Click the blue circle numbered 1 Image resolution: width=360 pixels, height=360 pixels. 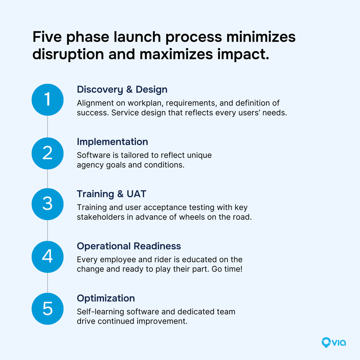pyautogui.click(x=47, y=100)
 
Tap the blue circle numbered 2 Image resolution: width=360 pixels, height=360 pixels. pyautogui.click(x=47, y=153)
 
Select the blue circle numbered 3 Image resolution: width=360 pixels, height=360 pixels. pyautogui.click(x=47, y=204)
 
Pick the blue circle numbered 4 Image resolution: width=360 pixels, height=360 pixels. pyautogui.click(x=47, y=257)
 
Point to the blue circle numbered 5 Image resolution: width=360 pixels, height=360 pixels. pyautogui.click(x=47, y=309)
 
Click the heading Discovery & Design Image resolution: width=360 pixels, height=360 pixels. pyautogui.click(x=122, y=89)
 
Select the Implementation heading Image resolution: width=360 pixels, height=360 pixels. pyautogui.click(x=112, y=142)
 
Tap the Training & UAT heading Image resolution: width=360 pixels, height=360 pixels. pyautogui.click(x=111, y=194)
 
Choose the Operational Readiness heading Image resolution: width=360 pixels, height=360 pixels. pyautogui.click(x=129, y=246)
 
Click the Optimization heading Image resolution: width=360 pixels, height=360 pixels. pyautogui.click(x=106, y=298)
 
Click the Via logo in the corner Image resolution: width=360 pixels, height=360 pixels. pyautogui.click(x=333, y=342)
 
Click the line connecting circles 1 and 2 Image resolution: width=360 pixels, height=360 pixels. pyautogui.click(x=47, y=127)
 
